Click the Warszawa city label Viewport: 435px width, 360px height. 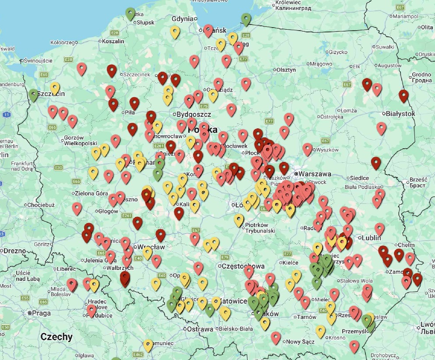click(x=315, y=174)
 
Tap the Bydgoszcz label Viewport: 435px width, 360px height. click(x=194, y=115)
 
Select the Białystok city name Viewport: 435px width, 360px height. click(x=400, y=114)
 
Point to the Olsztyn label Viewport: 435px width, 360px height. click(x=286, y=70)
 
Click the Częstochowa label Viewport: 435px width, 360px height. click(x=243, y=266)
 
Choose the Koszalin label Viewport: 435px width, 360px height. click(x=113, y=41)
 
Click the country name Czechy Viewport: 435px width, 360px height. click(x=56, y=336)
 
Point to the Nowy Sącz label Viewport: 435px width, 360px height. click(x=301, y=341)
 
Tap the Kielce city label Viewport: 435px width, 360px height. click(x=291, y=263)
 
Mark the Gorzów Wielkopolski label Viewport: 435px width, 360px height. click(x=80, y=140)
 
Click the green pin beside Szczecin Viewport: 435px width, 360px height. click(x=33, y=94)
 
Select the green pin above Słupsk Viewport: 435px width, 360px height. click(x=130, y=13)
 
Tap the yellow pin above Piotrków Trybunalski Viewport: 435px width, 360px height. click(x=239, y=220)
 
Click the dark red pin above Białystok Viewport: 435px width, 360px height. click(x=403, y=95)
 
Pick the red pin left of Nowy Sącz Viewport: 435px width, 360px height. click(x=276, y=337)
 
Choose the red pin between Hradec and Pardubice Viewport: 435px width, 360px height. click(x=91, y=310)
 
